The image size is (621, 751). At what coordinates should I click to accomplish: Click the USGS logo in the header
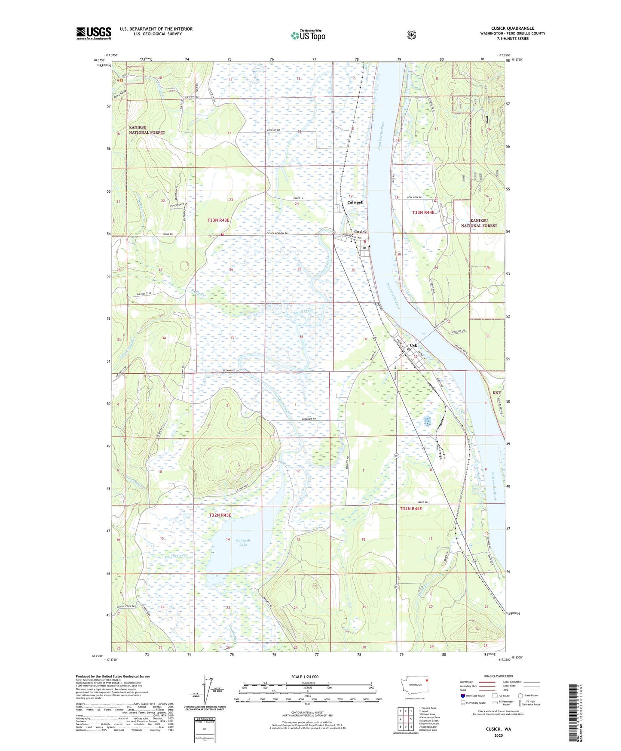[94, 33]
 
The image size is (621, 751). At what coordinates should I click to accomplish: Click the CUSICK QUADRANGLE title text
[512, 28]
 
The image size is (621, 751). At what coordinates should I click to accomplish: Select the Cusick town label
[360, 232]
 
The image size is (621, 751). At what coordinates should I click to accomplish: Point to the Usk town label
[413, 345]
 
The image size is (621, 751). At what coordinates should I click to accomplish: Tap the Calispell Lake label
[243, 542]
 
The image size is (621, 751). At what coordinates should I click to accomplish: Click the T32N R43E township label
[220, 515]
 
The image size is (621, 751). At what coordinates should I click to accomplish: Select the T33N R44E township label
[423, 212]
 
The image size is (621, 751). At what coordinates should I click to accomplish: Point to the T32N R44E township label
[411, 509]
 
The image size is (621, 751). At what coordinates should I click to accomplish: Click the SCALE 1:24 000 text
[305, 677]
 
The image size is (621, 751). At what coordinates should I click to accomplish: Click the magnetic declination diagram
[205, 696]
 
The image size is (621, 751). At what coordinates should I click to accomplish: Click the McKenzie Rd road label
[308, 419]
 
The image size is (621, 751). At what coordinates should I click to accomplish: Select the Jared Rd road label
[423, 502]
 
